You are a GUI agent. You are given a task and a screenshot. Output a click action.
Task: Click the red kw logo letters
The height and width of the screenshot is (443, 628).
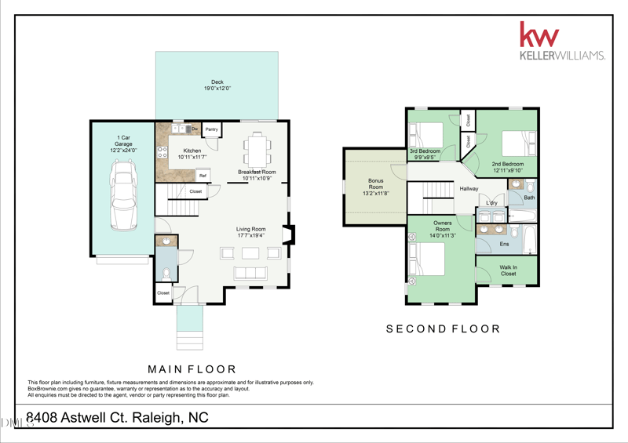(539, 35)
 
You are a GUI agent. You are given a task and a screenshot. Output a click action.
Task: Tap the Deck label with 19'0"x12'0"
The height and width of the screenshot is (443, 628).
(217, 85)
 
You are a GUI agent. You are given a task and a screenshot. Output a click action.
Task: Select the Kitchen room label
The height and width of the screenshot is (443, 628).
(192, 151)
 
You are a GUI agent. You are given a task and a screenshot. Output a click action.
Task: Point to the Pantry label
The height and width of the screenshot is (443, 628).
(211, 129)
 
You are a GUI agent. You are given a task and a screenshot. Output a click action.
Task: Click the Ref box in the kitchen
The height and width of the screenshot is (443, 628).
(203, 176)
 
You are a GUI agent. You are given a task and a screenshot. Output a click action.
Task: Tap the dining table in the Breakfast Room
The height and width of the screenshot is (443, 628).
(257, 147)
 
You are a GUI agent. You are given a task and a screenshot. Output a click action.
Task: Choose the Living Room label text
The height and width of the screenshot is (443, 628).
(251, 230)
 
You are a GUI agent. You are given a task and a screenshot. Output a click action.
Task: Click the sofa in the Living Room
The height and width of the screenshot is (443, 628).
(250, 273)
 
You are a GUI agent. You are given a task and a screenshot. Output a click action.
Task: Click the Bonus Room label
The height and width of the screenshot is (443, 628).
(376, 184)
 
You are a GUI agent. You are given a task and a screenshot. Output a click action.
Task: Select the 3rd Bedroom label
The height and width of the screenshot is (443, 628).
(425, 151)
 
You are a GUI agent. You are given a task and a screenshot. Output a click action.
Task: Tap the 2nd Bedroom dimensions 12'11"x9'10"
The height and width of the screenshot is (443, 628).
(508, 170)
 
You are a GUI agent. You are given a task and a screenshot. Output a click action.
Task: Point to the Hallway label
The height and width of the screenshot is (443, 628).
(469, 189)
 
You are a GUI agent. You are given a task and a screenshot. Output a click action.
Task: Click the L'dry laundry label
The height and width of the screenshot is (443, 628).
(491, 203)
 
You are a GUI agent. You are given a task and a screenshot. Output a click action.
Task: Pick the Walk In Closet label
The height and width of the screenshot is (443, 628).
(508, 271)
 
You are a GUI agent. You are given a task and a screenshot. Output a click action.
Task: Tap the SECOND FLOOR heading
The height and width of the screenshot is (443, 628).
(443, 329)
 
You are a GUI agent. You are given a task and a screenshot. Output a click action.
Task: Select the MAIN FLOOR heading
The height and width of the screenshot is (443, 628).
(192, 369)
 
